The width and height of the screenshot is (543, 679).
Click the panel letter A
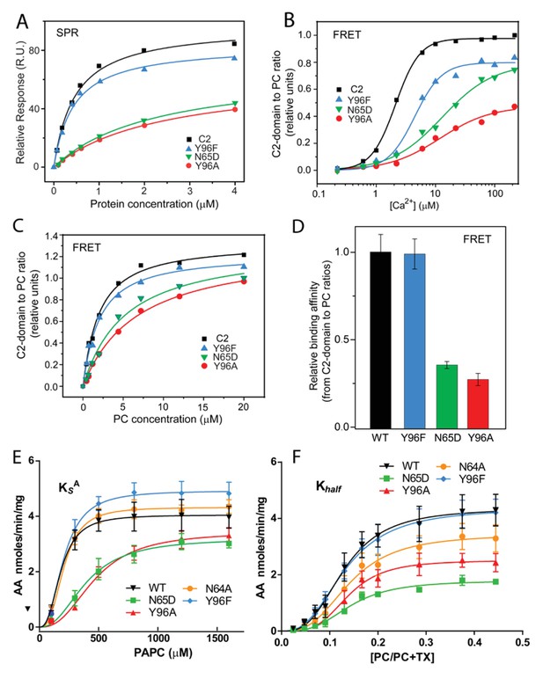coord(23,21)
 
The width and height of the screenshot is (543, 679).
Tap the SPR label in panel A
coord(68,33)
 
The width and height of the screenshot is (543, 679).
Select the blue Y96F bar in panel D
coord(414,340)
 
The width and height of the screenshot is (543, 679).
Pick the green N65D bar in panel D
coord(447,396)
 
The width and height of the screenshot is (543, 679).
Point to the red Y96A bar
coord(479,404)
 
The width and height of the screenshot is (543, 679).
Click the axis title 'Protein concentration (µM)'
coord(153,204)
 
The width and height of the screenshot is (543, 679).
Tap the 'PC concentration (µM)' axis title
coord(168,420)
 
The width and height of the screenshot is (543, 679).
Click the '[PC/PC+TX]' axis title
coord(401,656)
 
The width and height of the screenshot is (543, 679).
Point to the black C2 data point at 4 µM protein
coord(234,44)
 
